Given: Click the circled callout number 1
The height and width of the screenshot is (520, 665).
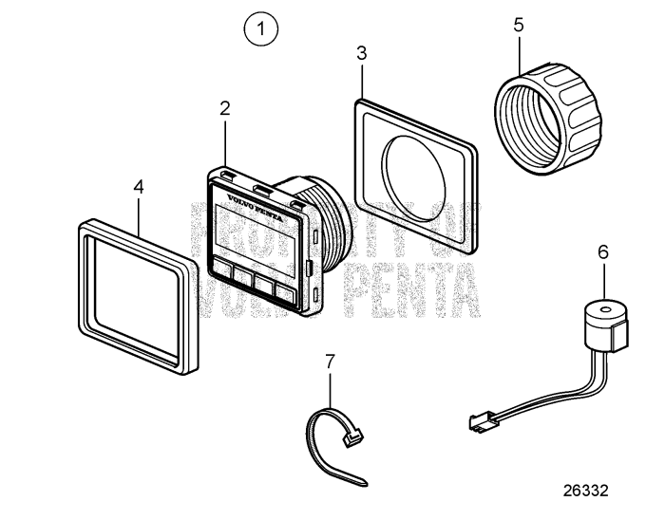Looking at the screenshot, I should [261, 28].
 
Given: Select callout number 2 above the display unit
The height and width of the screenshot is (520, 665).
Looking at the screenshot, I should [225, 108].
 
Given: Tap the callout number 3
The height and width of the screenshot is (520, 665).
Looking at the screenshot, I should [361, 53].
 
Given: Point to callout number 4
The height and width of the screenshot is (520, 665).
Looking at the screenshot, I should [139, 188].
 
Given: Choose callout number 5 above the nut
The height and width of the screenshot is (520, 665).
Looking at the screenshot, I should [518, 25].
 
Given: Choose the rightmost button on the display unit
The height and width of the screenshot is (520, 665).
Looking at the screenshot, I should [283, 291].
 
